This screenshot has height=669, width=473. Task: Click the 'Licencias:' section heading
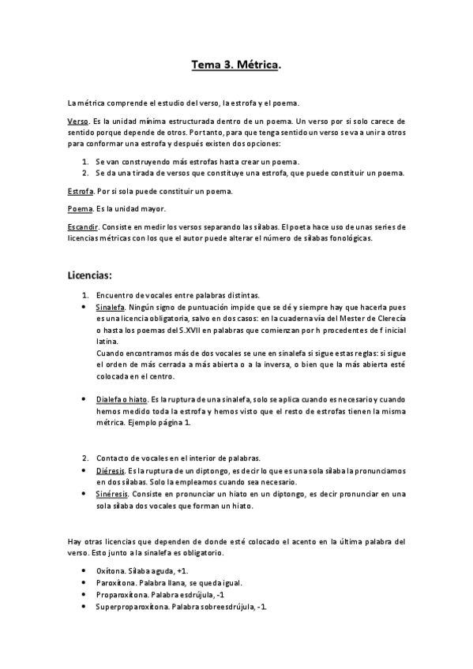point(91,275)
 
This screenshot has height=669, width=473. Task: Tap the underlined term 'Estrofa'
point(80,192)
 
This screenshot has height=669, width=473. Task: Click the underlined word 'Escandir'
point(83,226)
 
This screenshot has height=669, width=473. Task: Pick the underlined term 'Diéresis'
point(111,469)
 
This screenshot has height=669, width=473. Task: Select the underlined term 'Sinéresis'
point(114,493)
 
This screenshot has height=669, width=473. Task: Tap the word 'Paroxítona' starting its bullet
point(116,583)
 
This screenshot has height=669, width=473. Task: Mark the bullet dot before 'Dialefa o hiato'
point(85,401)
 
